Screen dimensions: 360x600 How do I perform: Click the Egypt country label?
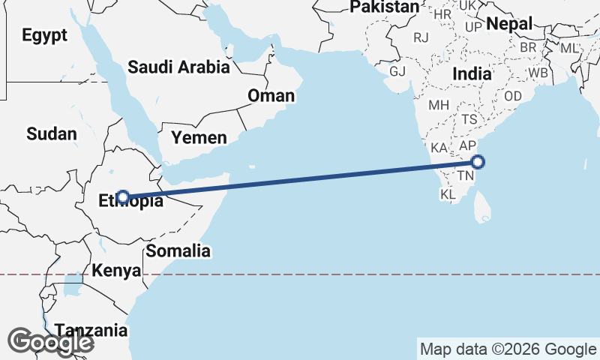tap(44, 35)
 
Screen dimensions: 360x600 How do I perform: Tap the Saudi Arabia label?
tap(178, 67)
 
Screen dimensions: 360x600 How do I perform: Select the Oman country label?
tap(271, 96)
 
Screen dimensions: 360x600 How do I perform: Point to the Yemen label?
tap(199, 137)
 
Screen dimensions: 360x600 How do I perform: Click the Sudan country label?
tap(52, 134)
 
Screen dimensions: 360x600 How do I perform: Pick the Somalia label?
tap(178, 251)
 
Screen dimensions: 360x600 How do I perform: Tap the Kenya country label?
tap(116, 270)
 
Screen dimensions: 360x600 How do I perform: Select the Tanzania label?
tap(91, 330)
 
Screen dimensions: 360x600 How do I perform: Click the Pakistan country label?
tap(385, 7)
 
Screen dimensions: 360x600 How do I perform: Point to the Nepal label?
tap(509, 24)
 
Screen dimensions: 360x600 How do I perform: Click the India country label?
tap(472, 74)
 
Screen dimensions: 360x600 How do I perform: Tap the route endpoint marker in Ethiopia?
tap(124, 198)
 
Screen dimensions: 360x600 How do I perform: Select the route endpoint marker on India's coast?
tap(478, 161)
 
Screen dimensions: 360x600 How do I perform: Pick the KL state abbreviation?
tap(448, 194)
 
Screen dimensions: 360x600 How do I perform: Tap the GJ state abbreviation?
tap(397, 71)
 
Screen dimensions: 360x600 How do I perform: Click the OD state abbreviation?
tap(513, 97)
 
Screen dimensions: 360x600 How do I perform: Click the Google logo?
tap(49, 343)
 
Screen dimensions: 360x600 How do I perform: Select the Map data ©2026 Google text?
tap(508, 349)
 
